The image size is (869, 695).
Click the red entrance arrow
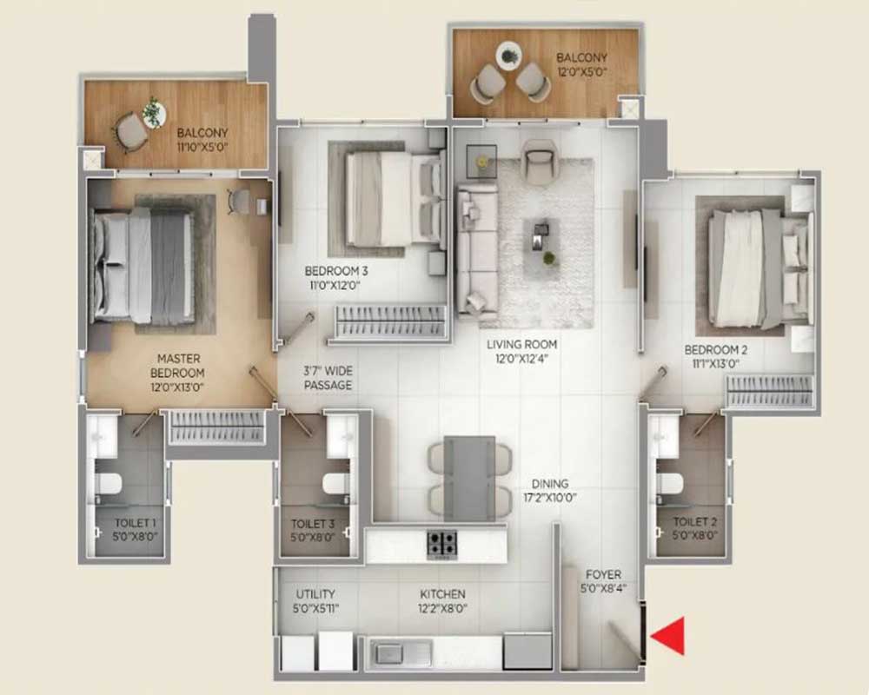pyautogui.click(x=669, y=636)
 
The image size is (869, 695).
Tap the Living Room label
pyautogui.click(x=521, y=344)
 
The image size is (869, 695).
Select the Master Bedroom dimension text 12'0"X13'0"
pyautogui.click(x=177, y=387)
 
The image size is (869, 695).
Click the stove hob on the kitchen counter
pyautogui.click(x=441, y=544)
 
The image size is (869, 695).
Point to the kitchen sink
pyautogui.click(x=401, y=653)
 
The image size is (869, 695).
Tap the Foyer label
pyautogui.click(x=604, y=575)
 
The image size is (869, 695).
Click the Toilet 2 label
pyautogui.click(x=695, y=521)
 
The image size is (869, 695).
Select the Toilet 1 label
pyautogui.click(x=136, y=523)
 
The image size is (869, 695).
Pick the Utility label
pyautogui.click(x=315, y=594)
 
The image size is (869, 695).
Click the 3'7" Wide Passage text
pyautogui.click(x=328, y=377)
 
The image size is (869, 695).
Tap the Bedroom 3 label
pyautogui.click(x=335, y=271)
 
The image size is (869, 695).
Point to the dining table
pyautogui.click(x=469, y=479)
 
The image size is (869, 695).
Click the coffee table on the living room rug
pyautogui.click(x=541, y=242)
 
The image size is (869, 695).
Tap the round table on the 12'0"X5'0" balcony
pyautogui.click(x=508, y=56)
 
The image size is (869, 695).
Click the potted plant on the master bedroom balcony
pyautogui.click(x=153, y=112)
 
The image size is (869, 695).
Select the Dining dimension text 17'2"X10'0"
pyautogui.click(x=550, y=498)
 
